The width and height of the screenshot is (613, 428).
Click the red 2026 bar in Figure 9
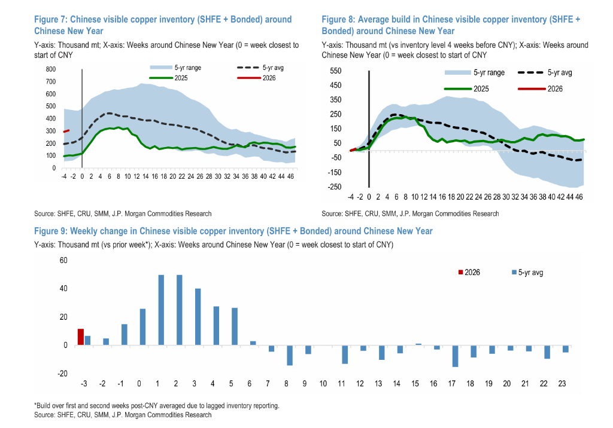click(x=81, y=337)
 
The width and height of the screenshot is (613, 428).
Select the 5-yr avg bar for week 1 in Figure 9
click(x=162, y=310)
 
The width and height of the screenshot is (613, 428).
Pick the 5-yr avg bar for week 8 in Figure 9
click(x=290, y=356)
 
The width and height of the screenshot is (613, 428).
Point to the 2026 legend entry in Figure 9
click(x=469, y=273)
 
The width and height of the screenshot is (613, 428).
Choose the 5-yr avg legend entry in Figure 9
click(x=527, y=273)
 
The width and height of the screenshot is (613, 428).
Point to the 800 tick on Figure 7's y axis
click(x=51, y=69)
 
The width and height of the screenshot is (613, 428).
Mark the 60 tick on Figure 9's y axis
click(x=64, y=261)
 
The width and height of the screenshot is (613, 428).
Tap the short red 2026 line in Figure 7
click(x=67, y=131)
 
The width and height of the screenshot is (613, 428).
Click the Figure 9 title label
click(x=233, y=231)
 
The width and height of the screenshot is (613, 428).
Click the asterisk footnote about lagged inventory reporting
click(x=157, y=406)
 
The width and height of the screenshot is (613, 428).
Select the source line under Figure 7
click(x=123, y=213)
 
